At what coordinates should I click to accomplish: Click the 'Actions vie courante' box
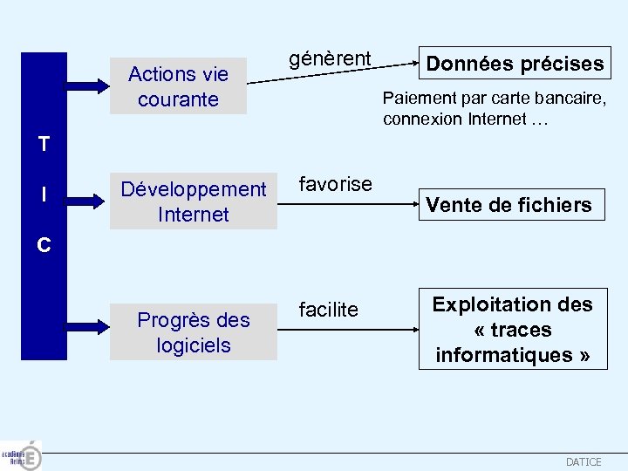pyautogui.click(x=178, y=86)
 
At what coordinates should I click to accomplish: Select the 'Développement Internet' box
pyautogui.click(x=193, y=201)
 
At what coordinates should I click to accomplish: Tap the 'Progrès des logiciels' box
pyautogui.click(x=193, y=332)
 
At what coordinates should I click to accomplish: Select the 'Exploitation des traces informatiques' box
pyautogui.click(x=512, y=330)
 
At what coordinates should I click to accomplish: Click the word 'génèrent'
pyautogui.click(x=331, y=59)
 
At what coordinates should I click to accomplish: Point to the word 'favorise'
pyautogui.click(x=336, y=184)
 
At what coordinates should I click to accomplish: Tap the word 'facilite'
pyautogui.click(x=329, y=310)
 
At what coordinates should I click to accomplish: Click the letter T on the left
pyautogui.click(x=44, y=144)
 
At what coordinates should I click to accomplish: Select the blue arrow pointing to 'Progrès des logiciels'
pyautogui.click(x=87, y=332)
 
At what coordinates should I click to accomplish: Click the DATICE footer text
pyautogui.click(x=584, y=462)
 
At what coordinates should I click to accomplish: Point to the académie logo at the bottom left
pyautogui.click(x=21, y=455)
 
